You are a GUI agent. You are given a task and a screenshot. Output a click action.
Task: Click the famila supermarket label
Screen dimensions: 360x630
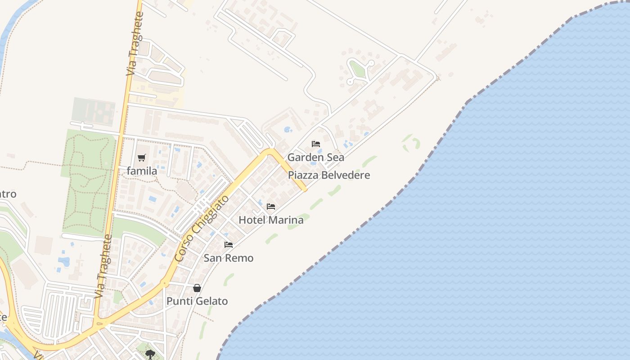coord(142,171)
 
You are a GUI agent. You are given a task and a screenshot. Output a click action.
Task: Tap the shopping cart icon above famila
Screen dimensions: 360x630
coord(142,157)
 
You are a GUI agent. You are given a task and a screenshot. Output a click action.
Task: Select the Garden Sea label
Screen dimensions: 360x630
coord(315,157)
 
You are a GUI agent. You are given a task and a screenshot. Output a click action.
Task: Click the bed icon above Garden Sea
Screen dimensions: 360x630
coord(316,144)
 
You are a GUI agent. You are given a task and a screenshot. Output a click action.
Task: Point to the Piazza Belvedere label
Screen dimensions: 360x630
coord(329,175)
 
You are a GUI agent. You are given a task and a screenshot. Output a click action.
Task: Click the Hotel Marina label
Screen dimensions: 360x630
coord(271,220)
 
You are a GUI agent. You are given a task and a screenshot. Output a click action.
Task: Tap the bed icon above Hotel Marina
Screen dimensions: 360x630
coord(271,207)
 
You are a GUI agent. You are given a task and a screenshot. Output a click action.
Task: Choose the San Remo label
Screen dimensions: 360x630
coord(229,258)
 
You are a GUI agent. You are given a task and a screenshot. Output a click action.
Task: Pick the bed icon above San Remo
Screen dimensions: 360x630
coord(229,245)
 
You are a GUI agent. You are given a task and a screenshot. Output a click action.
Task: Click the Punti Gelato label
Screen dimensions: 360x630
coord(197,301)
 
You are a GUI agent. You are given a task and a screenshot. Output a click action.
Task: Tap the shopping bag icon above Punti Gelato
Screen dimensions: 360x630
coord(197,288)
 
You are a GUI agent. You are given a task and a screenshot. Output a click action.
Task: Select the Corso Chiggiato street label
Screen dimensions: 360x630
coord(202,229)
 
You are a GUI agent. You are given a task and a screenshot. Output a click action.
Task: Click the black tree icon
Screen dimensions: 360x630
coord(150,355)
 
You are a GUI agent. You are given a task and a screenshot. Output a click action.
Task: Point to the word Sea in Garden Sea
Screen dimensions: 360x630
coord(335,157)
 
